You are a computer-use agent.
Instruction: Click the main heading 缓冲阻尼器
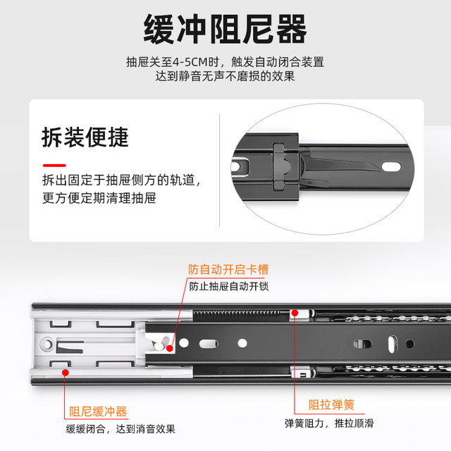point(225,29)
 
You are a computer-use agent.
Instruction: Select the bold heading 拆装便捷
point(85,137)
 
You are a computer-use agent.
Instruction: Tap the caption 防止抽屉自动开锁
point(228,287)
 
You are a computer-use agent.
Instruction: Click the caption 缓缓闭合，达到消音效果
point(121,428)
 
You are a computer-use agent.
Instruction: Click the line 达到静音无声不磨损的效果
point(225,78)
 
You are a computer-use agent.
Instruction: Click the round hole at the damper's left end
point(47,345)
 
